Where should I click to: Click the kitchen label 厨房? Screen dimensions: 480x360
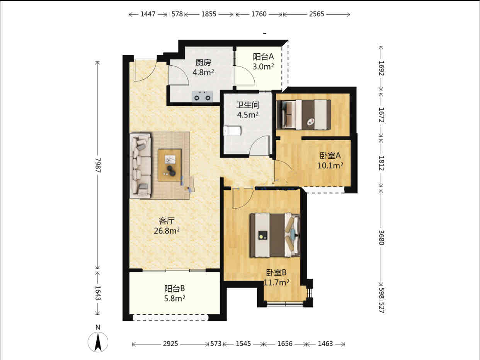203,63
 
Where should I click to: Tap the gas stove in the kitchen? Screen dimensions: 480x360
202,97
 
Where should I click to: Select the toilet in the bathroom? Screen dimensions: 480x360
232,131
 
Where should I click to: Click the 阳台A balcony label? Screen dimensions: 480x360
263,57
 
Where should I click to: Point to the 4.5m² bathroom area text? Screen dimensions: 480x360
248,115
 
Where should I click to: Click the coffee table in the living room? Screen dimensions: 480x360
170,165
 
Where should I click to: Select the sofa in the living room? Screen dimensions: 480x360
141,166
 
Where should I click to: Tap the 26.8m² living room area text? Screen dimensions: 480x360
167,231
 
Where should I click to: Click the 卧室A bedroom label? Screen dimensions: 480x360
330,156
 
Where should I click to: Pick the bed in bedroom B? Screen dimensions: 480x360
275,235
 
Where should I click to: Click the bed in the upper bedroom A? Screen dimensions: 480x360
304,115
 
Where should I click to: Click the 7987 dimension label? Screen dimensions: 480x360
98,165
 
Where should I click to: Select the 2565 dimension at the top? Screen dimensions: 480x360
317,14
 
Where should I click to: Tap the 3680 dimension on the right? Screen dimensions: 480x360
381,238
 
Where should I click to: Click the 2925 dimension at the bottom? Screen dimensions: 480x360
170,344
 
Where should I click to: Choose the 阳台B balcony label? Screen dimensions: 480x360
175,289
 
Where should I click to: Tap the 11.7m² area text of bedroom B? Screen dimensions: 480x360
277,282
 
